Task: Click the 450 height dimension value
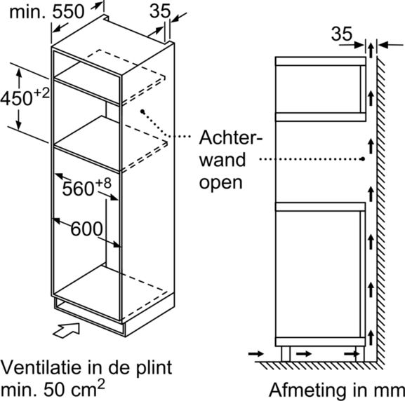(x=17, y=98)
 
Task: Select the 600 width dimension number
(x=86, y=229)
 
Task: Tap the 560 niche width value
(x=78, y=189)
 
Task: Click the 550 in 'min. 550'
(x=69, y=11)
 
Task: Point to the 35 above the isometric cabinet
(x=160, y=11)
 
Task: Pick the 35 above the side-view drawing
(x=342, y=34)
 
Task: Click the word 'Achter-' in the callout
(x=231, y=137)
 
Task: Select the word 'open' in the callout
(x=221, y=183)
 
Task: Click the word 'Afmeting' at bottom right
(x=307, y=390)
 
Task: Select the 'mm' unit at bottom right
(x=390, y=391)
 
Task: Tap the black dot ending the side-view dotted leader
(x=363, y=159)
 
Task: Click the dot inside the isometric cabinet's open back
(x=142, y=111)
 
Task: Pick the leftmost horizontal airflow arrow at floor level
(x=256, y=353)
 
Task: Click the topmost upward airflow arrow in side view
(x=371, y=50)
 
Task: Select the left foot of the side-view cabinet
(x=286, y=354)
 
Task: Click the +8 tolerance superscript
(x=104, y=183)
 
